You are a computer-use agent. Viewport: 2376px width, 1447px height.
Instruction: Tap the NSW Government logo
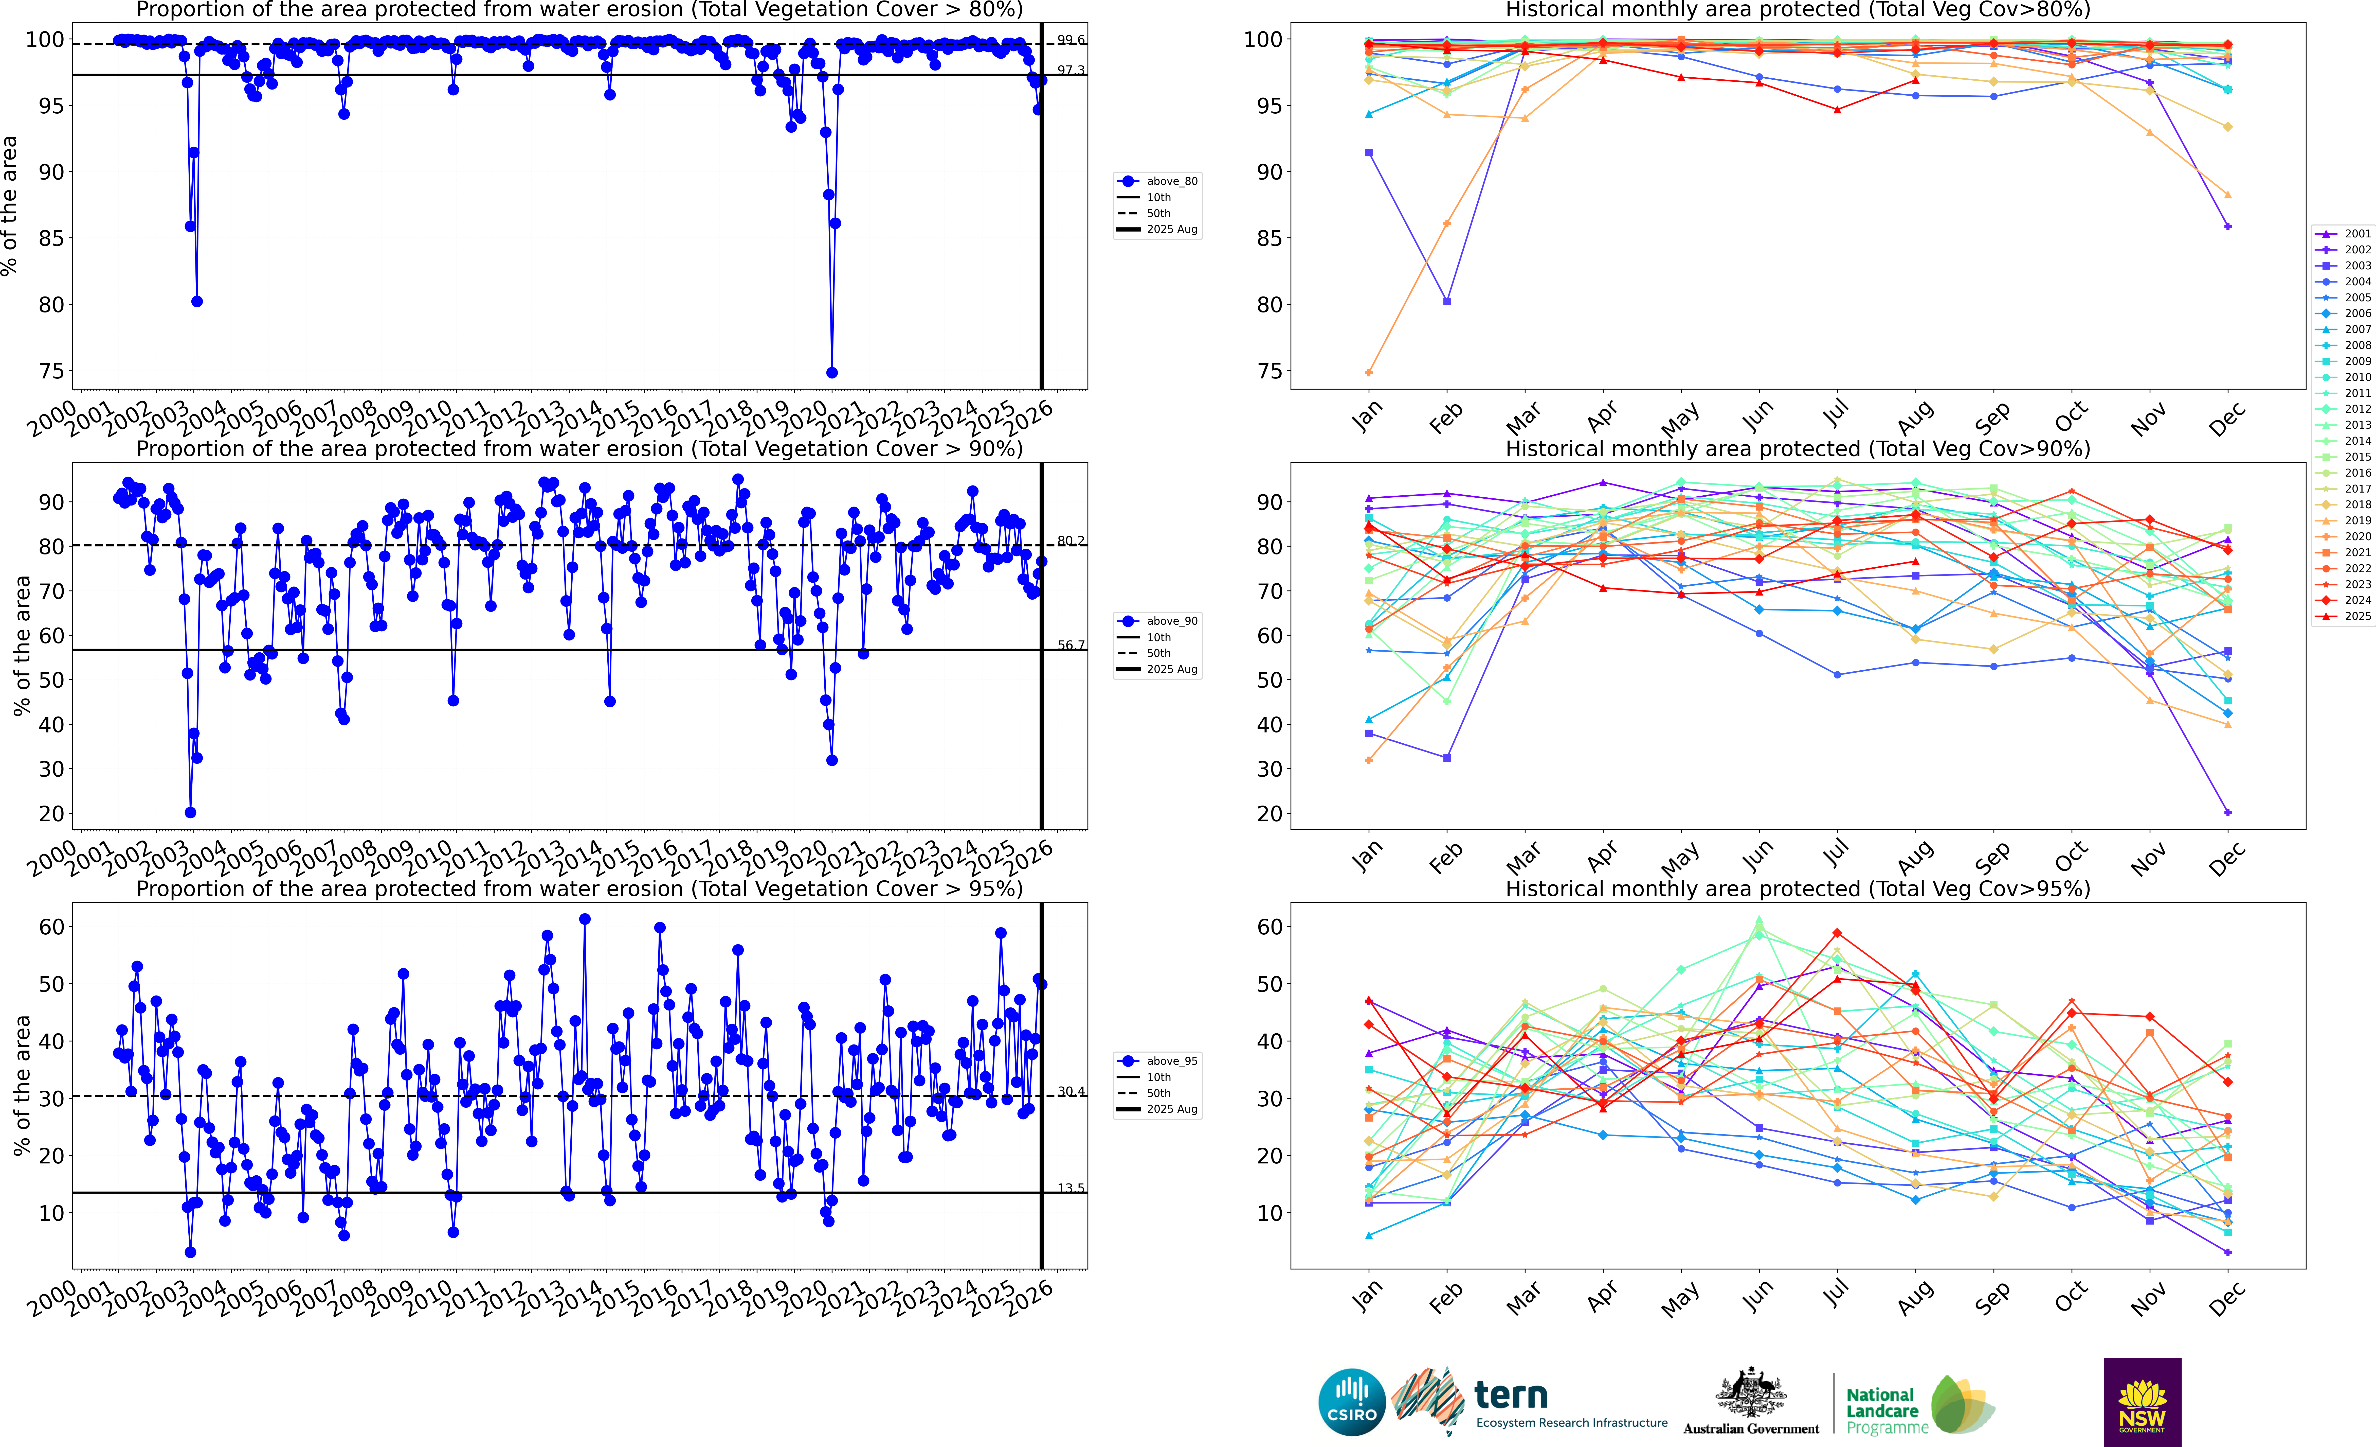(2142, 1402)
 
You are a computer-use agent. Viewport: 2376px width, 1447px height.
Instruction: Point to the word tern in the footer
(1511, 1395)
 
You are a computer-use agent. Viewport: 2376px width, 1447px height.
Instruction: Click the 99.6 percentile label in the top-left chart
(1070, 41)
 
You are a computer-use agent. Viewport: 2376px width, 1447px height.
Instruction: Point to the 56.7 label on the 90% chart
(1070, 645)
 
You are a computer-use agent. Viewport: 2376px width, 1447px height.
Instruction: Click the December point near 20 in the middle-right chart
(2227, 812)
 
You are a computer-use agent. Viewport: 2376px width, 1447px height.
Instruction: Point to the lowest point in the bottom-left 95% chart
(190, 1252)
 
